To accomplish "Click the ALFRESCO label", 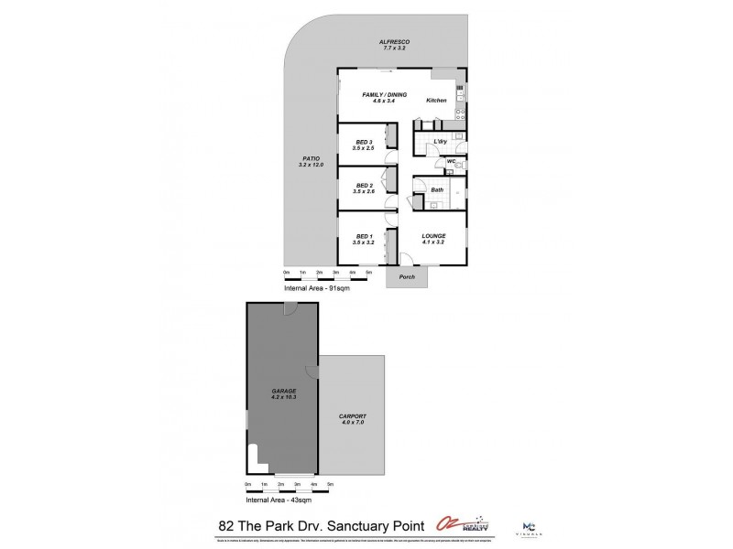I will click(396, 42).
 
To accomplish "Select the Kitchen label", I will click(436, 100).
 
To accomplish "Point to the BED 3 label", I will click(364, 142).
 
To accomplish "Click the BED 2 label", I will click(364, 186).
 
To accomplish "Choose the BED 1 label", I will click(364, 236).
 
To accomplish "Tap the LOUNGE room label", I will click(433, 236).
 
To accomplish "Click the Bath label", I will click(438, 190).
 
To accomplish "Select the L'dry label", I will click(440, 141).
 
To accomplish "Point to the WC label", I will click(451, 162).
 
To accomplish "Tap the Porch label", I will click(408, 276).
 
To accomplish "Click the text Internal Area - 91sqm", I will click(315, 288).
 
